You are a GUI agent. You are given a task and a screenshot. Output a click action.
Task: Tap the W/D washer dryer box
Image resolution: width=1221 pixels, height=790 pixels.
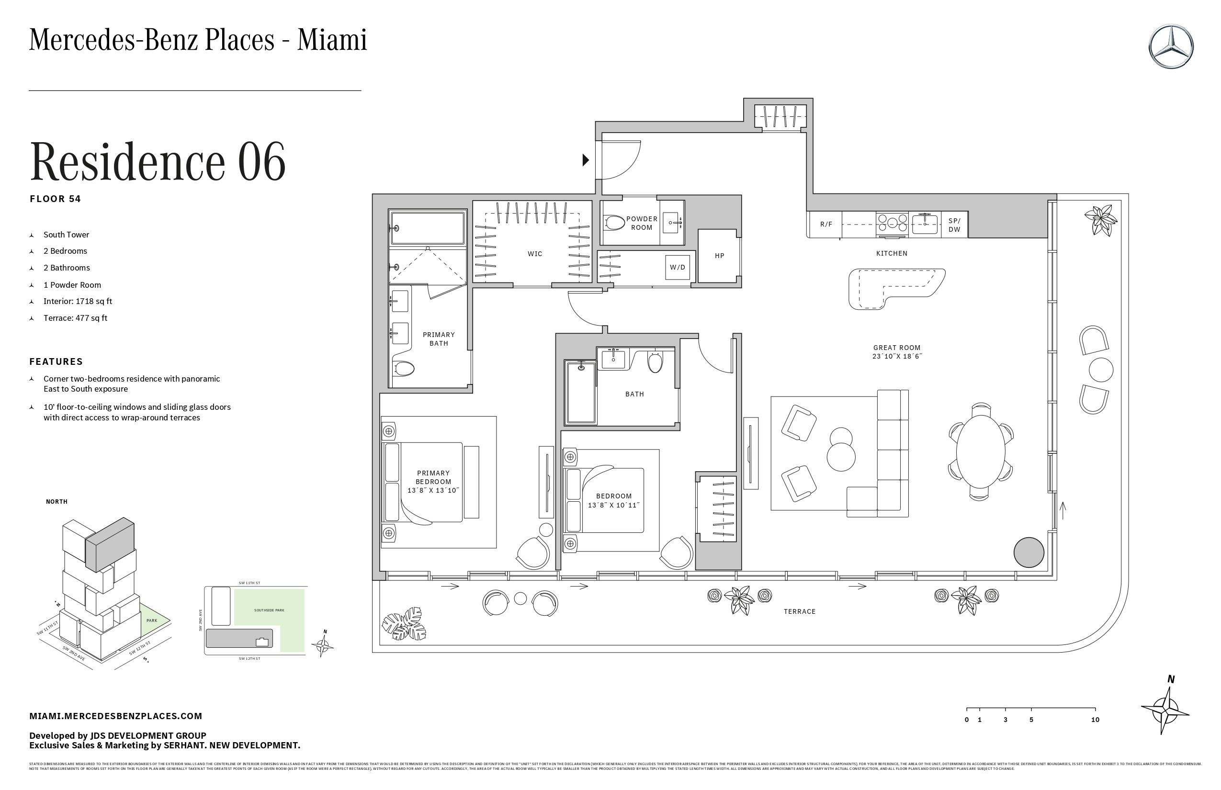pyautogui.click(x=677, y=267)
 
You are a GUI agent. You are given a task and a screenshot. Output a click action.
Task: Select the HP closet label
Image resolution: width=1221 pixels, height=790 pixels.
pyautogui.click(x=719, y=256)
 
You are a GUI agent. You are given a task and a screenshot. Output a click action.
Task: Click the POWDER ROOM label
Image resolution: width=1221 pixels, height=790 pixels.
pyautogui.click(x=641, y=223)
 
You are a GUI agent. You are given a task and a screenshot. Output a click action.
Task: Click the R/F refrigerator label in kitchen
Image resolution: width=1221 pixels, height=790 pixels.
pyautogui.click(x=826, y=225)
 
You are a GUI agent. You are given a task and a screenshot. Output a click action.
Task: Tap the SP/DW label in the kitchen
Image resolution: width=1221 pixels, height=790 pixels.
pyautogui.click(x=954, y=225)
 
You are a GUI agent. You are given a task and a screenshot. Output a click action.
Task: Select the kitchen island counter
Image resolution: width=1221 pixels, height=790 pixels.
pyautogui.click(x=895, y=287)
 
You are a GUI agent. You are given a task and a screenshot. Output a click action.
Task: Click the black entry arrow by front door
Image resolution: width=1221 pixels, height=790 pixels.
pyautogui.click(x=585, y=160)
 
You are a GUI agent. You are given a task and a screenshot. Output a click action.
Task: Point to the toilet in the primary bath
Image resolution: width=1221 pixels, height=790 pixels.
pyautogui.click(x=404, y=368)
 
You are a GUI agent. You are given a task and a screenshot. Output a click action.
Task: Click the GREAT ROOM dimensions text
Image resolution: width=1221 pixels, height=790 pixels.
pyautogui.click(x=897, y=357)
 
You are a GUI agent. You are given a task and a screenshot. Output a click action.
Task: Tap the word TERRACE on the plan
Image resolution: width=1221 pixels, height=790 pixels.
pyautogui.click(x=799, y=611)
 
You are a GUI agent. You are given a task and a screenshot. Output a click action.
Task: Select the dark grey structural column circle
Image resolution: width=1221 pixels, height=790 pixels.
pyautogui.click(x=1029, y=553)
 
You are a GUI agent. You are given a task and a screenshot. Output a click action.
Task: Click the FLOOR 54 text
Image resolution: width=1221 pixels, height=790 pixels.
pyautogui.click(x=56, y=199)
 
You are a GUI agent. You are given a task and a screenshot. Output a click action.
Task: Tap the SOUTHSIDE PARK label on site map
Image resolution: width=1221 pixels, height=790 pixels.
pyautogui.click(x=269, y=610)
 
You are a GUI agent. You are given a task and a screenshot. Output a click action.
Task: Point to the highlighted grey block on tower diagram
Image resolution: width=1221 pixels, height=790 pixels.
pyautogui.click(x=110, y=545)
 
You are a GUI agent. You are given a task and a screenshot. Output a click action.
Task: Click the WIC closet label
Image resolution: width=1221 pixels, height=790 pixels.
pyautogui.click(x=534, y=254)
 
